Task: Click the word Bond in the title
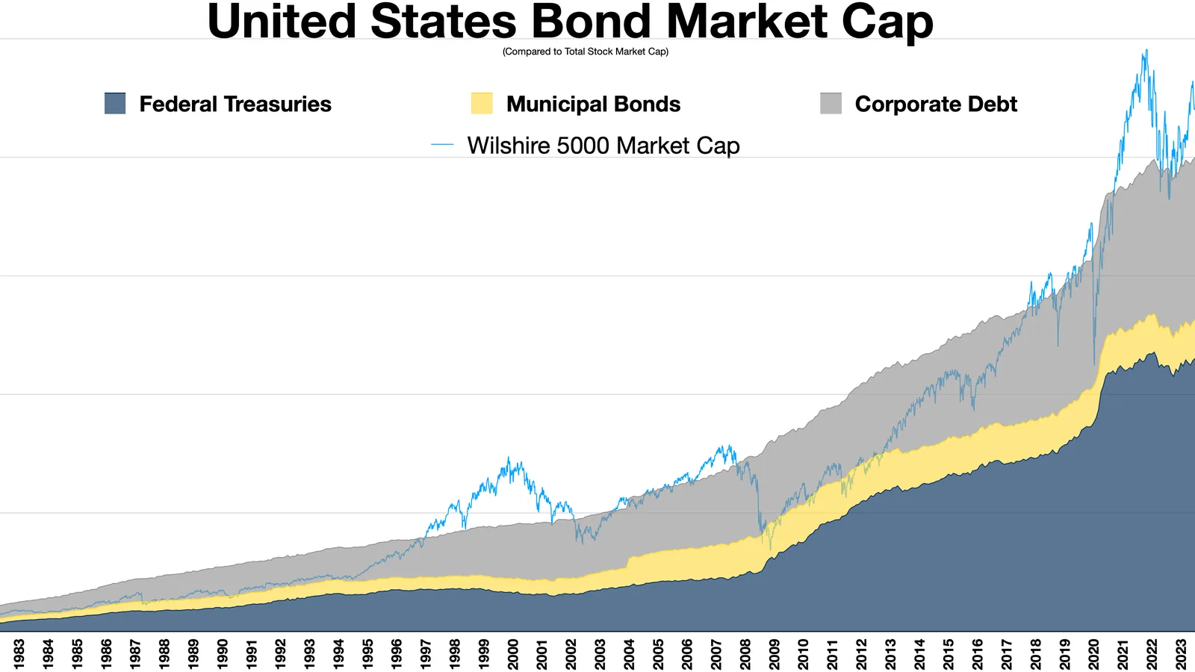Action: coord(592,22)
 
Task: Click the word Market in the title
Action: coord(748,22)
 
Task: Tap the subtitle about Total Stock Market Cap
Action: coord(586,52)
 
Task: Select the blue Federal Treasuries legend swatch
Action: coord(115,104)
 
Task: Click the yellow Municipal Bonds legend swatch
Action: coord(482,104)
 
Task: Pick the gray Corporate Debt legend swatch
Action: coord(831,104)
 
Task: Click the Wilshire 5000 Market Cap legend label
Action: coord(603,146)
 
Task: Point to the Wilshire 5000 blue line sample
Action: coord(442,145)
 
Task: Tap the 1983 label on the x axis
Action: coord(19,654)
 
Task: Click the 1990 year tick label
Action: coord(222,654)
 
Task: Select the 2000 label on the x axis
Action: coord(512,654)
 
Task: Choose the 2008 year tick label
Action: coord(745,654)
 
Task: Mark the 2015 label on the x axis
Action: coord(948,654)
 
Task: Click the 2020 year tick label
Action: coord(1093,654)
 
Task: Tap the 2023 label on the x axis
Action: coord(1180,654)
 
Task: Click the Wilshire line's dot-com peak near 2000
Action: coord(509,458)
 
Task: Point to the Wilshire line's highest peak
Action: coord(1146,51)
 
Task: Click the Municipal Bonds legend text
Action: coord(593,104)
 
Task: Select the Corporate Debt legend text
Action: coord(936,104)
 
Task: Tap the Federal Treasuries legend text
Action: coord(235,104)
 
